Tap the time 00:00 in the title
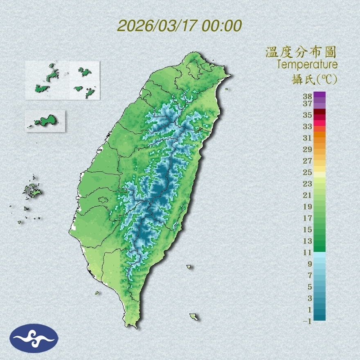(221, 26)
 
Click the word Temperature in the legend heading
(307, 65)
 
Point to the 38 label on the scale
(308, 97)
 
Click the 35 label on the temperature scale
(308, 115)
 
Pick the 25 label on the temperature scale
(308, 172)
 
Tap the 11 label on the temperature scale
(308, 252)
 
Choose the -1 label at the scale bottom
(307, 321)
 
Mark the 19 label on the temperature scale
(308, 207)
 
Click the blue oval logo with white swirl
(34, 338)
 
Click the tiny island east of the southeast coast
(189, 267)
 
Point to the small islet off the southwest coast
(97, 293)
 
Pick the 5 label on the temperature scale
(310, 287)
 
